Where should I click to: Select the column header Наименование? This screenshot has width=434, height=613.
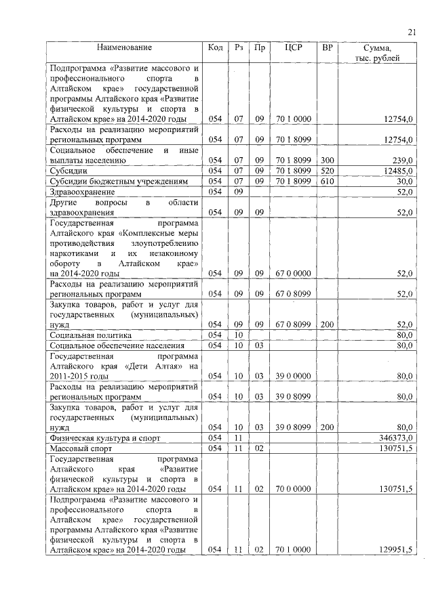(x=124, y=48)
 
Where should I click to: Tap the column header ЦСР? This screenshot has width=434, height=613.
(x=294, y=48)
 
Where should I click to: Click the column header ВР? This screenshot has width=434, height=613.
(x=328, y=48)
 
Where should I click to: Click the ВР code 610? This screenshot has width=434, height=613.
(x=328, y=181)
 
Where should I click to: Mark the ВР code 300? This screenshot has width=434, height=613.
(x=328, y=161)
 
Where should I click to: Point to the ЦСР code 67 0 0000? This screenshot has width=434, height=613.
(x=293, y=273)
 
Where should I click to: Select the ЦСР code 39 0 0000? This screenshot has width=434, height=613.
(x=293, y=375)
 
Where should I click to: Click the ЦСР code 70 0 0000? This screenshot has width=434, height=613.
(x=293, y=488)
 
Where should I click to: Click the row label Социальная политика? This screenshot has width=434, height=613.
(x=90, y=335)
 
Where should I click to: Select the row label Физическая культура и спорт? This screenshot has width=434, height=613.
(x=105, y=438)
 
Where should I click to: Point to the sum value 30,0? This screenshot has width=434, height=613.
(x=405, y=181)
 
